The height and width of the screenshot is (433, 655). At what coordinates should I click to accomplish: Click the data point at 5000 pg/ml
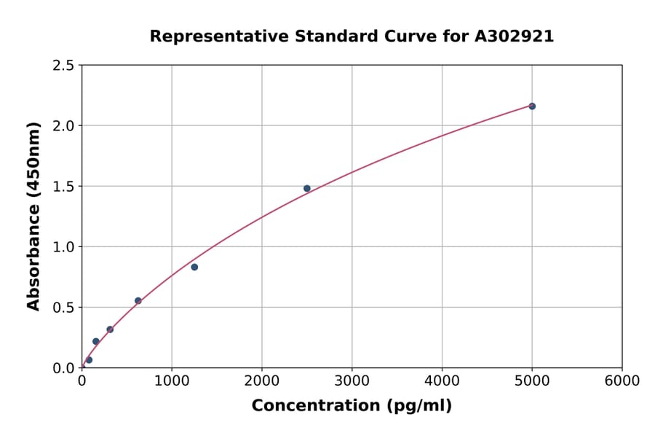coord(532,106)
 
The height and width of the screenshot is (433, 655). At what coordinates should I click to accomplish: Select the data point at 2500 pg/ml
coord(307,188)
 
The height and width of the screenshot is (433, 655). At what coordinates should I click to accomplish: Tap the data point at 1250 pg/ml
coord(194,267)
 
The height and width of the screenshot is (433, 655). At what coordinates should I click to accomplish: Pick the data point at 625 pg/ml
coord(138,300)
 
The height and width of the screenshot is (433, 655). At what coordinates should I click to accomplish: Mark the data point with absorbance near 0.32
coord(110,329)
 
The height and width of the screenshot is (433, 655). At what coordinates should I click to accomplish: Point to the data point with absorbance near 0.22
coord(96,341)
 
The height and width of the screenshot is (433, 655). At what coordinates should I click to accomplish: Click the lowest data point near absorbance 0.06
coord(89,360)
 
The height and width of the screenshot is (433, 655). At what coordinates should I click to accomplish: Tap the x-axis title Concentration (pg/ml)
coord(352,406)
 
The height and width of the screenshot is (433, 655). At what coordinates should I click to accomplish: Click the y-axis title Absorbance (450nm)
coord(33,216)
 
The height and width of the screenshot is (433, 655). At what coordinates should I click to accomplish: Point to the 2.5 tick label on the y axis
coord(63,66)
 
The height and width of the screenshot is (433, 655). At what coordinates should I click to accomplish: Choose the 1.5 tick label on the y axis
coord(63,187)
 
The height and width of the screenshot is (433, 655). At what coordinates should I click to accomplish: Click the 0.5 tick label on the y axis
coord(63,308)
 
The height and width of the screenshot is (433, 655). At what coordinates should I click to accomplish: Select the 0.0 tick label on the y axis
coord(63,368)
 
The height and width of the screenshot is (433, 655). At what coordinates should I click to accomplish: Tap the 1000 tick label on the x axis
coord(172,381)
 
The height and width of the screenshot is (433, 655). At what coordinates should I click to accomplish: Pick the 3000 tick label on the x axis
coord(352,381)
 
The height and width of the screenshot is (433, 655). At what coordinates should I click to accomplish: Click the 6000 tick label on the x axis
coord(622,381)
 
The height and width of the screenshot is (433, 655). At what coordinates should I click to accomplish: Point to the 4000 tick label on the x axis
coord(442,381)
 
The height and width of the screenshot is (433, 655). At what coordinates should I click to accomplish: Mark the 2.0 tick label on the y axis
coord(63,126)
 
